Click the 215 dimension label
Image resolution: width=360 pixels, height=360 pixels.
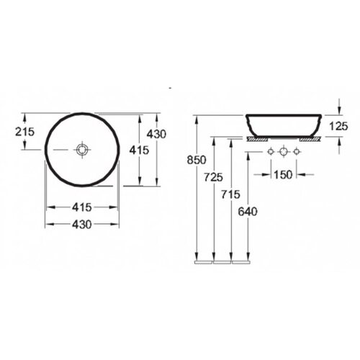click(x=25, y=132)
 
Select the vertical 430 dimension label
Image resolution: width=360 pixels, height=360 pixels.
click(x=156, y=134)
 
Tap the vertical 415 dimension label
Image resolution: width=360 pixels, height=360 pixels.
click(x=139, y=150)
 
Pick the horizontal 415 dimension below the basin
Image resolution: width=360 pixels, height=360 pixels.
click(x=82, y=207)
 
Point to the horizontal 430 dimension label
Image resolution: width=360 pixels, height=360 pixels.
click(x=82, y=225)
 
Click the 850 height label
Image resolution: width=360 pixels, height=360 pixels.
click(x=197, y=160)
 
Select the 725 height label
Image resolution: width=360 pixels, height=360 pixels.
click(x=214, y=177)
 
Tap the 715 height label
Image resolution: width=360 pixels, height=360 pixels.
click(x=230, y=194)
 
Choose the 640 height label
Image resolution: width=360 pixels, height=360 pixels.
click(x=248, y=212)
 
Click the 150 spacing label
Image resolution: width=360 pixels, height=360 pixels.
click(x=283, y=174)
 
